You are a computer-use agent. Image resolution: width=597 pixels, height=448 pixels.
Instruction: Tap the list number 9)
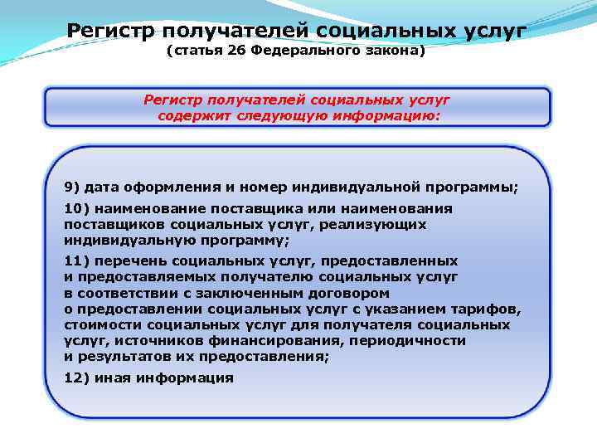tap(71, 188)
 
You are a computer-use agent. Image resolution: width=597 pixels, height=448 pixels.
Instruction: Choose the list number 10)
tap(75, 209)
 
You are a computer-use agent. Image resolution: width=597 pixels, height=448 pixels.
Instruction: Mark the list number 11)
tap(75, 261)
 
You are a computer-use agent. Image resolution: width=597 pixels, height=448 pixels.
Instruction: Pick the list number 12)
tap(75, 377)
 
